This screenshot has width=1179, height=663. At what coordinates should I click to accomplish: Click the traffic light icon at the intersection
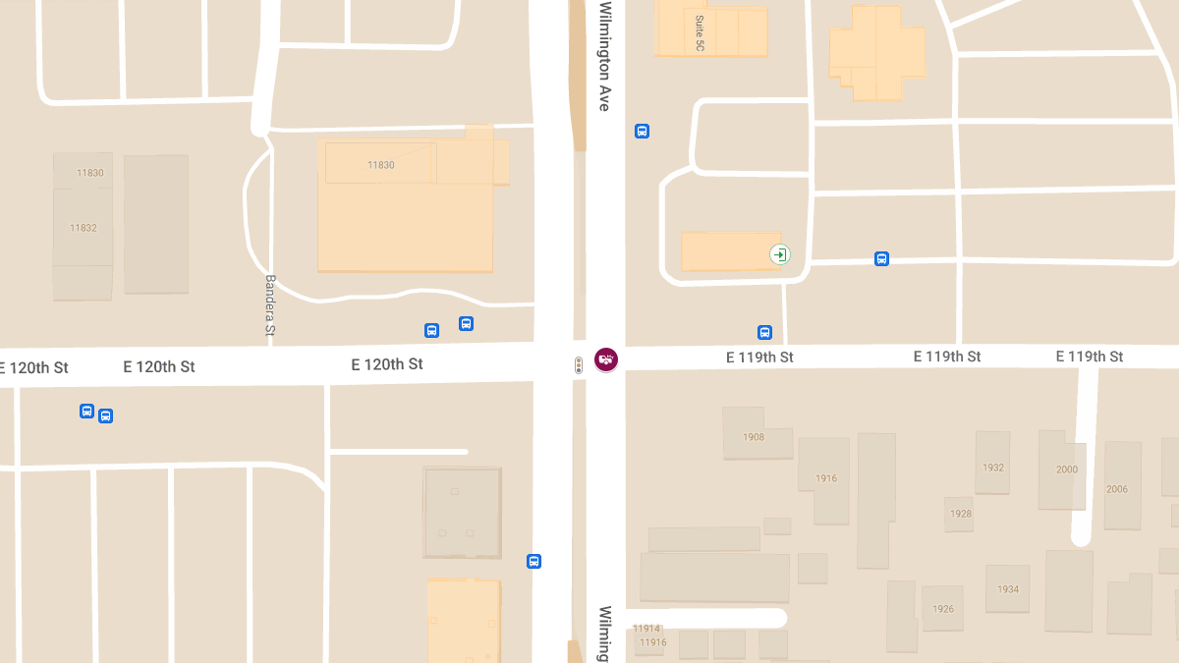579,365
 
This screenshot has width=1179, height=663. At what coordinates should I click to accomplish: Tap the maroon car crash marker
606,359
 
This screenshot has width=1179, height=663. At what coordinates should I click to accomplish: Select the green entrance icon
779,255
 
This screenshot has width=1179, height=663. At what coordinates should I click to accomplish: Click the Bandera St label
270,304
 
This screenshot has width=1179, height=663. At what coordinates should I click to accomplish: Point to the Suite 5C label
700,33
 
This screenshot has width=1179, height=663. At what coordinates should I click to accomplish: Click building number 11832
84,228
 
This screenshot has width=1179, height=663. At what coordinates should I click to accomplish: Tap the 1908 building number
754,437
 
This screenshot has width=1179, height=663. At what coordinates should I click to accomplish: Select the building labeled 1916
826,478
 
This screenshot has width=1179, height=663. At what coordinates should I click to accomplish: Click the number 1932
993,468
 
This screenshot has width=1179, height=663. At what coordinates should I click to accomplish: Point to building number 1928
961,514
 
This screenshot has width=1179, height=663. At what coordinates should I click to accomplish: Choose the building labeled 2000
1067,470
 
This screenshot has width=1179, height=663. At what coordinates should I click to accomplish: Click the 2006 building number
1117,489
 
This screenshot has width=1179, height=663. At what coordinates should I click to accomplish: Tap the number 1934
1008,589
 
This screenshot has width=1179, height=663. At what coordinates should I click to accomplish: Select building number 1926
943,609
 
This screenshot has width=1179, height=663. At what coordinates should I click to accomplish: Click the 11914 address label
646,629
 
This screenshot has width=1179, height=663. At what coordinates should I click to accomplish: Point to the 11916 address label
652,642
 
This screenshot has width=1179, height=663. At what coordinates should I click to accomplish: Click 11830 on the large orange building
381,165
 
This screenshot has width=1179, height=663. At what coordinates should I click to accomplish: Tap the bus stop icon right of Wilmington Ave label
642,132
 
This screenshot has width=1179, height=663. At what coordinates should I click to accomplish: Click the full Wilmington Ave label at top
605,57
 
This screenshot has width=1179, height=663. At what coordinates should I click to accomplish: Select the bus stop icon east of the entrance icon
881,259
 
